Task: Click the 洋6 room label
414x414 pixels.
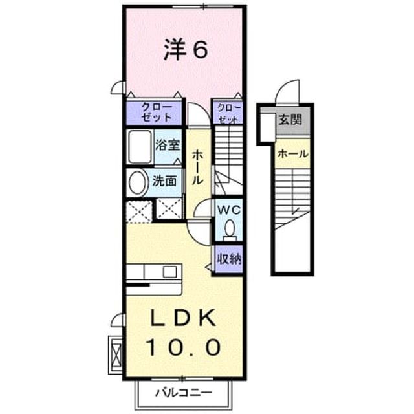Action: (186, 49)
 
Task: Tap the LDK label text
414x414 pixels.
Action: (182, 318)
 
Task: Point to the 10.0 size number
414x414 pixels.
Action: (183, 347)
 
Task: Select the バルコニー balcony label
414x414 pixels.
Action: (184, 393)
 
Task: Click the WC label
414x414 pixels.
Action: (228, 210)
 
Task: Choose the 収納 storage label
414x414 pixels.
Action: (229, 259)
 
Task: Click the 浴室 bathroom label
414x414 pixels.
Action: (168, 145)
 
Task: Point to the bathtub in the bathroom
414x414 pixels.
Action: (140, 147)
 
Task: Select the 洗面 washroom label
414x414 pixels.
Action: (165, 181)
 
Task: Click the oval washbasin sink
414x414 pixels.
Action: (137, 182)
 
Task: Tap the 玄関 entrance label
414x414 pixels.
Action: (290, 120)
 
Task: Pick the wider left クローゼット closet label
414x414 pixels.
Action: (157, 113)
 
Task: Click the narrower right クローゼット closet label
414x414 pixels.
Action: (229, 114)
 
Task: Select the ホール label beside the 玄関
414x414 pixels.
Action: (293, 154)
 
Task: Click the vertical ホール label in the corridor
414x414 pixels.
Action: (197, 168)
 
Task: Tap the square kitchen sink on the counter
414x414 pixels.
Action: (169, 272)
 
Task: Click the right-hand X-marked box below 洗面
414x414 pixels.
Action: (169, 208)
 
